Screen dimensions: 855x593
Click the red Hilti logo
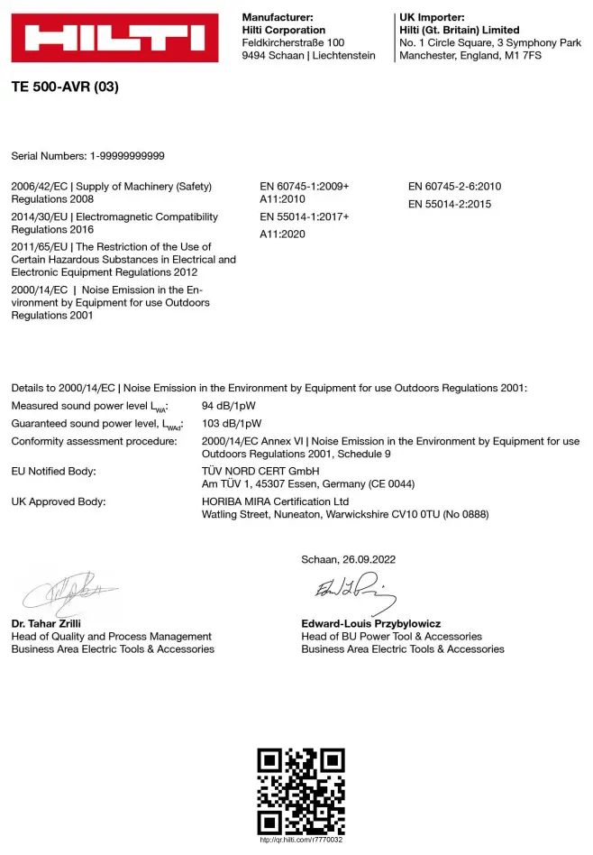point(114,38)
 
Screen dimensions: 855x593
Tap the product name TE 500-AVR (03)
point(65,87)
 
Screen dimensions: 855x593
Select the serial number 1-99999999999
point(127,156)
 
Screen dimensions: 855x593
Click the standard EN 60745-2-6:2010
point(454,187)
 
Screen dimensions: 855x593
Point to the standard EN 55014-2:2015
point(449,204)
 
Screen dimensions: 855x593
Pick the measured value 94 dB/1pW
point(232,406)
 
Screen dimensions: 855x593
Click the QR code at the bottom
point(301,790)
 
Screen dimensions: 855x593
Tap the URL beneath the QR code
point(301,840)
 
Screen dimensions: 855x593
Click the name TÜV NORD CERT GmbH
point(260,471)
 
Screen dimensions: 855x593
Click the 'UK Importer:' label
point(432,17)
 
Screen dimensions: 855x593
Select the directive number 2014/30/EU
point(40,217)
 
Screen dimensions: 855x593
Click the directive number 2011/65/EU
point(40,247)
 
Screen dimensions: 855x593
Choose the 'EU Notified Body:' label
point(53,471)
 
